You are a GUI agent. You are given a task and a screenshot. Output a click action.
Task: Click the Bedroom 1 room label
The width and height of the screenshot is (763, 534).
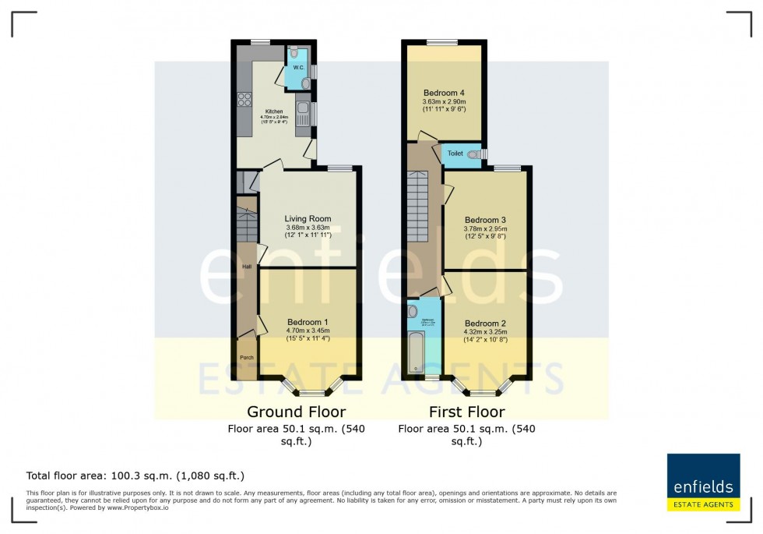(308, 322)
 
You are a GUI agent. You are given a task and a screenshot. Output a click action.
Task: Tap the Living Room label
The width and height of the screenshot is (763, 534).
(308, 219)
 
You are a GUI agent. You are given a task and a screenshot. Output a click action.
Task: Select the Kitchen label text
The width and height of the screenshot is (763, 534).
(274, 111)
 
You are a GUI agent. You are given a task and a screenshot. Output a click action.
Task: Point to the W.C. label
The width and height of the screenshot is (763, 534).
(298, 68)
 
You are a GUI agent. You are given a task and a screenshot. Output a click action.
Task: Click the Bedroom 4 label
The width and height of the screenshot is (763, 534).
(444, 92)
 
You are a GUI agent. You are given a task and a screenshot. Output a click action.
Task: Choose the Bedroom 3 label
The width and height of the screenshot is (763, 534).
(485, 220)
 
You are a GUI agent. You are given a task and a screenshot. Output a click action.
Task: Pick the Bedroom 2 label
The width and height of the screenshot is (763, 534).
(486, 324)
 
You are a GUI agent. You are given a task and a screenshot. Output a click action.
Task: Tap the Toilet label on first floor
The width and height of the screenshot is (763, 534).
(455, 154)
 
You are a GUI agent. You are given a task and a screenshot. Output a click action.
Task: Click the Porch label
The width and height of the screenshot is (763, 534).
(247, 358)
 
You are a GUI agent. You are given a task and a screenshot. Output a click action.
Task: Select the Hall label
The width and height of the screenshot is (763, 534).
(246, 267)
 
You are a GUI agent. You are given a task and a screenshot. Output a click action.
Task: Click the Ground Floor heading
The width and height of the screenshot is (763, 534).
(296, 411)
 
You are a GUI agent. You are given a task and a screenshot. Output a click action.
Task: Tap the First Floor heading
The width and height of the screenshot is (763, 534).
(467, 411)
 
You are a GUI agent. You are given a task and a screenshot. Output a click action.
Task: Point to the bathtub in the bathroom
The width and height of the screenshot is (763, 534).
(415, 352)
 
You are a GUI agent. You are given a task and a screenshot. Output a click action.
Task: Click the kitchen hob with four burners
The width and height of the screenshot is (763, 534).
(244, 99)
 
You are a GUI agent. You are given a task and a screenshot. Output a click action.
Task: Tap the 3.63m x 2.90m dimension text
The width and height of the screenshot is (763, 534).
(444, 102)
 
